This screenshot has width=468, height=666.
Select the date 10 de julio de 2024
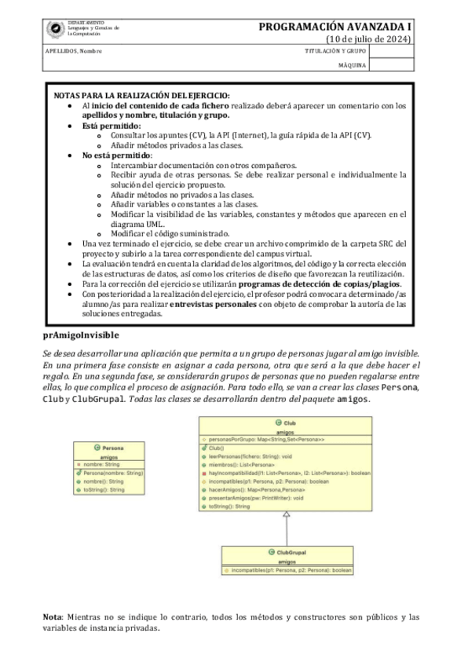pos(368,40)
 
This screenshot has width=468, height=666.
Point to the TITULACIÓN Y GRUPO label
pos(333,51)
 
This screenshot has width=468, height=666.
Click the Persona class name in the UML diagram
pos(112,448)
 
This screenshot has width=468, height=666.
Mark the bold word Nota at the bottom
pos(53,617)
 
